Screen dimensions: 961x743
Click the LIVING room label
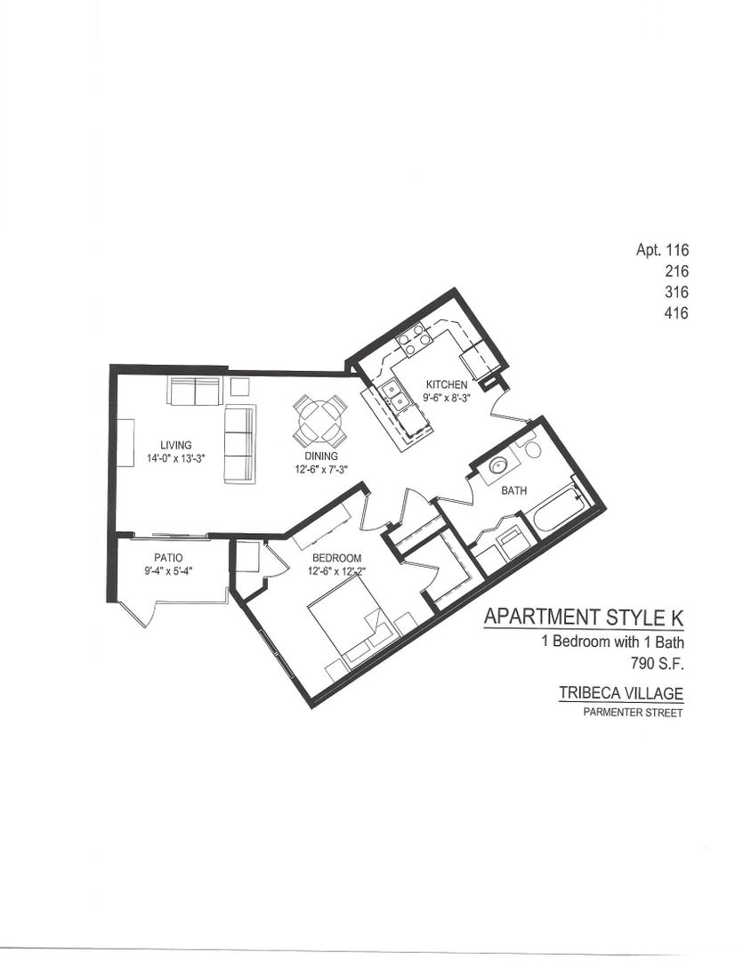176,445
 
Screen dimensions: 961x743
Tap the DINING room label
320,456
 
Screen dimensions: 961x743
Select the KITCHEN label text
446,384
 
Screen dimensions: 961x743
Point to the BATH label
514,490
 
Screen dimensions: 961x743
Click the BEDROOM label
335,559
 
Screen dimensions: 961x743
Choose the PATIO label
167,558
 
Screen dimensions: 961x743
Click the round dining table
320,420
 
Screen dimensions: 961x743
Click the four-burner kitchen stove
414,335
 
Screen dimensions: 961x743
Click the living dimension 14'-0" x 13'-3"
176,459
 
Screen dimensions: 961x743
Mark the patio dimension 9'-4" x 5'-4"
167,571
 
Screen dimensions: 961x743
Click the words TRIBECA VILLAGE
620,693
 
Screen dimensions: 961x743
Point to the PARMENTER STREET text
633,713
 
